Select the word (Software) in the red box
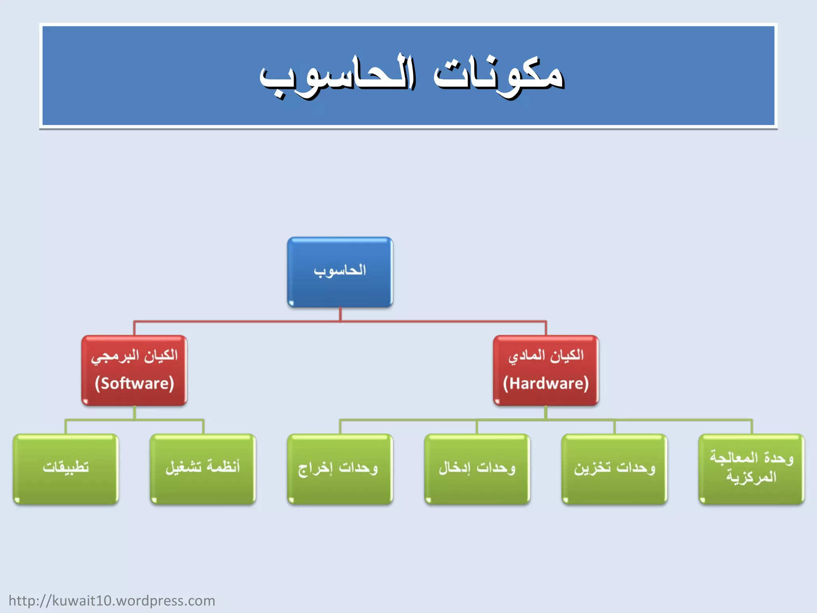pos(134,384)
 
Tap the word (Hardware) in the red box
pos(546,384)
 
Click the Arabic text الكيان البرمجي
pos(134,355)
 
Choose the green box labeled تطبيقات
pos(66,469)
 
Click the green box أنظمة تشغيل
pos(203,469)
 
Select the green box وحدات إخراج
pos(340,469)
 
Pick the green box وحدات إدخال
pos(477,469)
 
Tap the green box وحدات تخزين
pos(614,469)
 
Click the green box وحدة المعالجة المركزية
pos(751,469)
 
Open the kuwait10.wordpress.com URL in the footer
pos(112,601)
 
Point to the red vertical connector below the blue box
pos(340,314)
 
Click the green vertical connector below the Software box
pos(134,413)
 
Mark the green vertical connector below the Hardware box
pos(546,413)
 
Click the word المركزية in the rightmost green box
pos(751,477)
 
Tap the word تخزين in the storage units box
pos(592,468)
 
